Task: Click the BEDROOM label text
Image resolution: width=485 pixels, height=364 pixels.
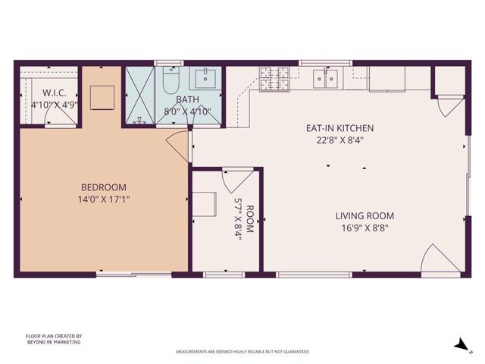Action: pos(104,187)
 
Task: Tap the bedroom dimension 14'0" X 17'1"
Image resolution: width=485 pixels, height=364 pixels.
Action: pos(104,199)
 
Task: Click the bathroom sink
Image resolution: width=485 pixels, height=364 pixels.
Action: pos(205,77)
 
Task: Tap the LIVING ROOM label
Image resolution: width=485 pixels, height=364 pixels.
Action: pos(365,215)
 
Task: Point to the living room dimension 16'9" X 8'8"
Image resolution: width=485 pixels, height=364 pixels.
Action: pos(365,227)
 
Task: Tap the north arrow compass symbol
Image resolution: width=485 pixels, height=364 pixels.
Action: pos(459,345)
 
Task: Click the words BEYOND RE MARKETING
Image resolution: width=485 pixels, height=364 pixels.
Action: pos(53,342)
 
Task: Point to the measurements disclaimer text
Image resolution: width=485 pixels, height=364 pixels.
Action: pos(242,352)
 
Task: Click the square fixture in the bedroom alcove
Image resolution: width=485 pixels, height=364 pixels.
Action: pos(102,97)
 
